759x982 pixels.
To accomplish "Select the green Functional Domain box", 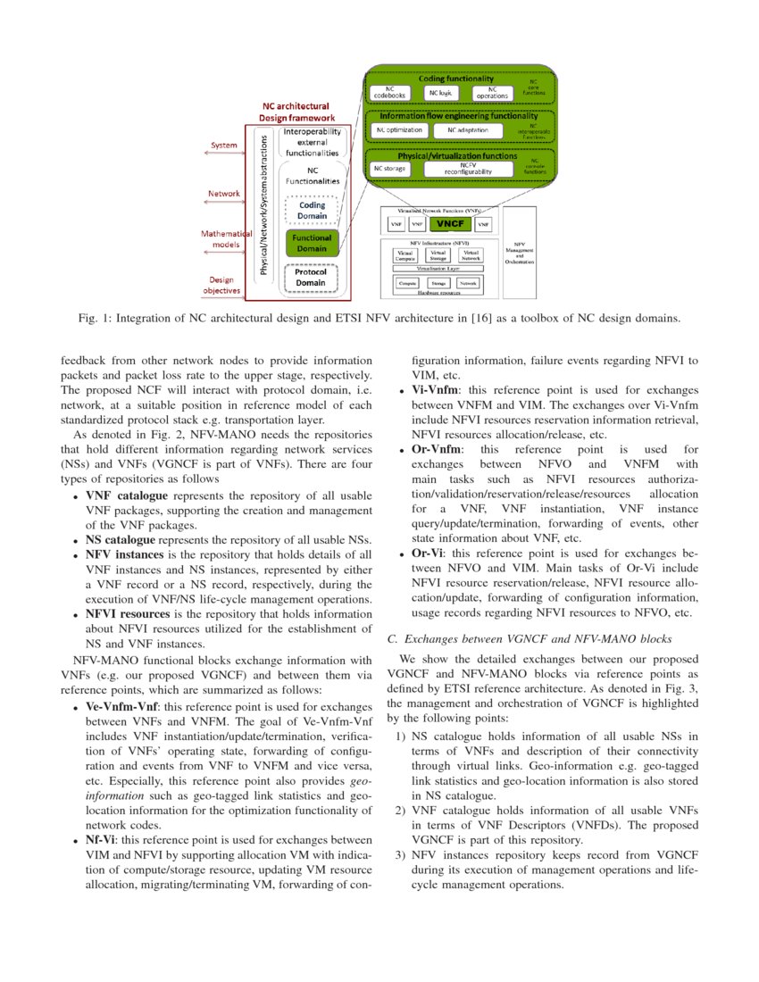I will coord(311,243).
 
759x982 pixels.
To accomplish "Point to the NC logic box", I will coord(440,92).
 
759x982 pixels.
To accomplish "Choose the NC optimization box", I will coord(398,130).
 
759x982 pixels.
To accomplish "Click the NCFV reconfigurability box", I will coord(463,168).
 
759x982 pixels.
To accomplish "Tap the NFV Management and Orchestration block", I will coord(519,252).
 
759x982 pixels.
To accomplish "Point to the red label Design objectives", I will coord(223,284).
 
